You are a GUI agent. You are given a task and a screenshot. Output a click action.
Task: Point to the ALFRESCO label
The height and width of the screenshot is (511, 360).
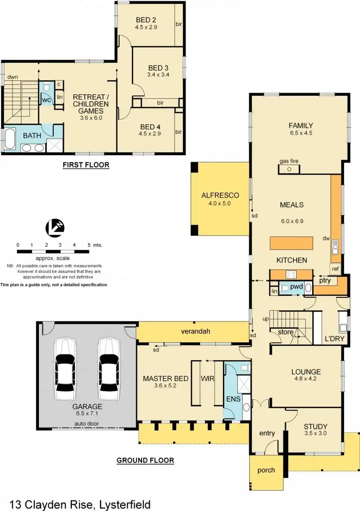[220, 195]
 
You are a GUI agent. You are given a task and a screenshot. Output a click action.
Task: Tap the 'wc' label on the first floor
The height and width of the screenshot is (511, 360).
[46, 100]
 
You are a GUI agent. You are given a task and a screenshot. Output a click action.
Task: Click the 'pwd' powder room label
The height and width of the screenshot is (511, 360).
[297, 287]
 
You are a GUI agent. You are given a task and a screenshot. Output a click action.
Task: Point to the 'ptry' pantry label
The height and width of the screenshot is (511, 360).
[325, 280]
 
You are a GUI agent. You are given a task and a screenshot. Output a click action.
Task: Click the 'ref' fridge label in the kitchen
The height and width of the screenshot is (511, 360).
[335, 269]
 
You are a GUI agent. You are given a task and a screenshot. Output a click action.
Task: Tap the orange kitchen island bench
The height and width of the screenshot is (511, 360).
[292, 243]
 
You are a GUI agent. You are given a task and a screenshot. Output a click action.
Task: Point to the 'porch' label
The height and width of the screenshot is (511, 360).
[266, 470]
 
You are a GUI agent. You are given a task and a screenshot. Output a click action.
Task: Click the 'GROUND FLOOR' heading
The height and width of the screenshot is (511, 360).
[145, 460]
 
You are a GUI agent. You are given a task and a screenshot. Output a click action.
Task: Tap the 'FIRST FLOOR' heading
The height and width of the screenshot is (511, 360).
[86, 164]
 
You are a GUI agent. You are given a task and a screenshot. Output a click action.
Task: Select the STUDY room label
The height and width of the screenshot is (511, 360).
[316, 427]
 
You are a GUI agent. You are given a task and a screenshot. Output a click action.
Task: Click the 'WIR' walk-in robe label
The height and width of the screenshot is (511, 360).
[207, 379]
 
